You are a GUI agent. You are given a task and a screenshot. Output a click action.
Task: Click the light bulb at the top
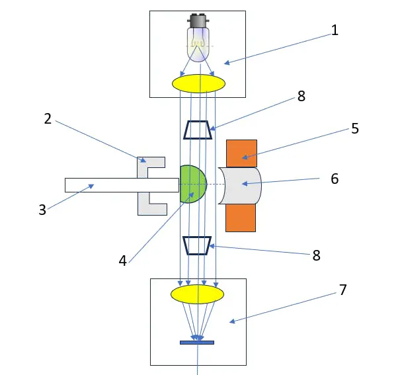(x=198, y=43)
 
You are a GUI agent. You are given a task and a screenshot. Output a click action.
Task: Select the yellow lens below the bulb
(x=198, y=83)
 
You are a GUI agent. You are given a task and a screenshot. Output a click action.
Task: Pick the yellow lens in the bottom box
(x=197, y=294)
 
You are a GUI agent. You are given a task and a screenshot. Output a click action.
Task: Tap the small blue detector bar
(x=197, y=343)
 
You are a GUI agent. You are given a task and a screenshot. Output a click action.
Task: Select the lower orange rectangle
(x=241, y=216)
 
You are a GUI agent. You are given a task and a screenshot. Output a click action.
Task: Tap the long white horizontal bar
(x=119, y=185)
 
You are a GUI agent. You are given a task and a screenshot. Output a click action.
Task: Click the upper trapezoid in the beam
(x=198, y=130)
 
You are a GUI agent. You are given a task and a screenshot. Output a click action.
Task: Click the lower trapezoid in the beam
(x=197, y=245)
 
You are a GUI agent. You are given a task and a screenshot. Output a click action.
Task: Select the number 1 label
(x=335, y=30)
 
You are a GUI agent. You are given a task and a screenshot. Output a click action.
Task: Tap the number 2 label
(x=48, y=118)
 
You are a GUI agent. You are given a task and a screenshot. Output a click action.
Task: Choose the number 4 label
(x=122, y=261)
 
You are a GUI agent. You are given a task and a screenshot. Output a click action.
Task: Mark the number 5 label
(x=355, y=128)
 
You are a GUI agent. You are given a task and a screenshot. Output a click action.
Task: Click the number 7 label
(x=342, y=290)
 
